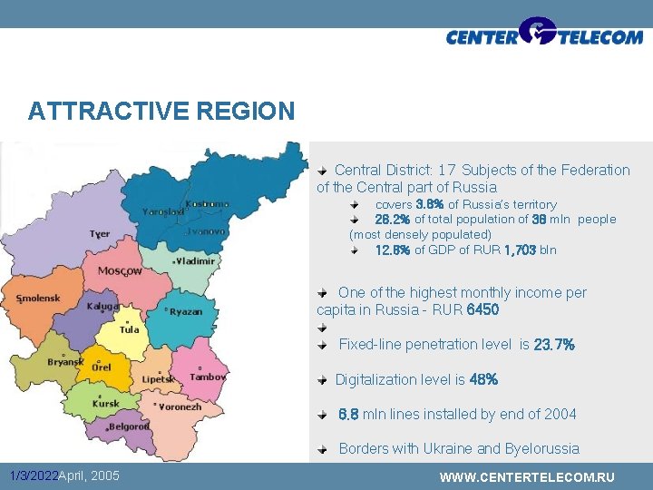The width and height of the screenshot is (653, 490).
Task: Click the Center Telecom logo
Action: (x=544, y=34)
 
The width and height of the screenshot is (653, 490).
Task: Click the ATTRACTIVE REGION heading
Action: (x=161, y=112)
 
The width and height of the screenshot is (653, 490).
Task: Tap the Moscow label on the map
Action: (x=120, y=270)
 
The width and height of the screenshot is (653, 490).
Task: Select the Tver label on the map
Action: (x=100, y=234)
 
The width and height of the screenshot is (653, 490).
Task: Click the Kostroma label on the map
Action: (x=207, y=203)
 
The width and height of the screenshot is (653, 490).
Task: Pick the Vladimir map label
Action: (x=197, y=261)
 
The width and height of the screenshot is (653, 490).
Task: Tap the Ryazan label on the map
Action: (x=185, y=311)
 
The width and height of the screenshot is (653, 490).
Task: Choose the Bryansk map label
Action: (x=65, y=361)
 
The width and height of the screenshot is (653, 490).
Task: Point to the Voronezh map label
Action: (x=180, y=407)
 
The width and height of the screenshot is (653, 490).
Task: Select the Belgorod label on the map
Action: (x=131, y=426)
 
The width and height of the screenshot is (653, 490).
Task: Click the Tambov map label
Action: (x=208, y=377)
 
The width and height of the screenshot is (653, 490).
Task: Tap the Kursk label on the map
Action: (x=106, y=404)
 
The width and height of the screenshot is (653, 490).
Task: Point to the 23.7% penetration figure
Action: (x=554, y=345)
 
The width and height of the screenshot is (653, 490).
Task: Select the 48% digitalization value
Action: (x=483, y=379)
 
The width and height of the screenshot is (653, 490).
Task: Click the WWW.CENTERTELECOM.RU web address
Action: (x=527, y=477)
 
